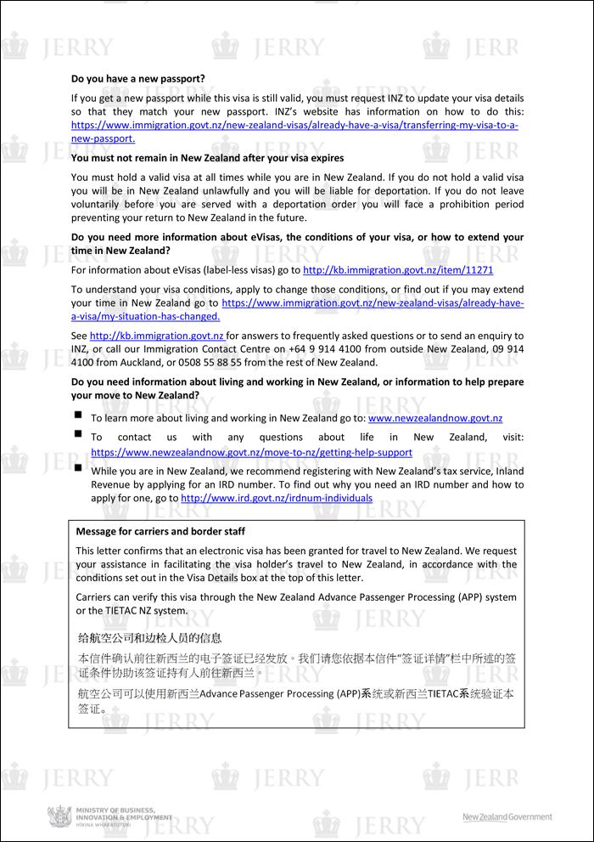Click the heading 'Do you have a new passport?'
[x=137, y=79]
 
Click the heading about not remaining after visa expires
[x=207, y=158]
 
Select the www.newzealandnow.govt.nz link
[x=434, y=418]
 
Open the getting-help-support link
[x=251, y=453]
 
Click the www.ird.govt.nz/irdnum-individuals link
[x=277, y=498]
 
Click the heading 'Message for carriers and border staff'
[x=160, y=532]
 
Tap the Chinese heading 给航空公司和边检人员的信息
[x=150, y=637]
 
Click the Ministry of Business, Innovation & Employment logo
[x=101, y=817]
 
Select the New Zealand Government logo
[x=507, y=817]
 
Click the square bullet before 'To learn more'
[x=78, y=415]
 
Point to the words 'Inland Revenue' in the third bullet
[x=501, y=472]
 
